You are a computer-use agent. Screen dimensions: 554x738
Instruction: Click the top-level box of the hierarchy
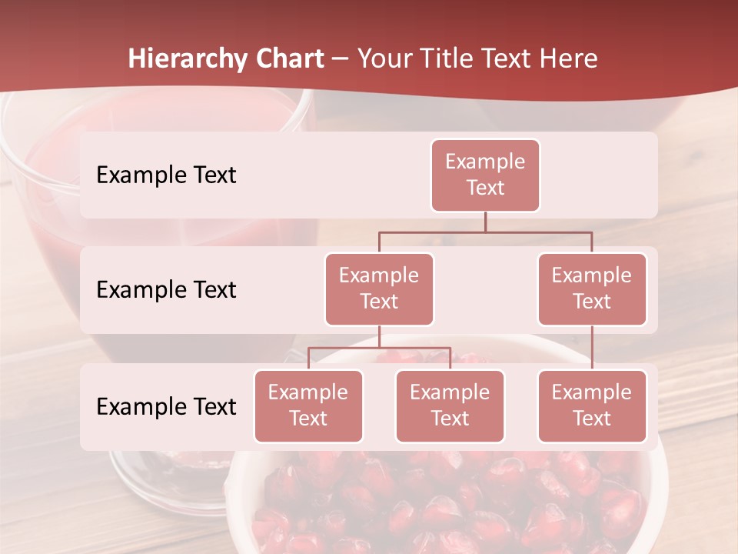[485, 175]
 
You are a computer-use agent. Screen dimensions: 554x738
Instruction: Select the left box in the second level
[379, 289]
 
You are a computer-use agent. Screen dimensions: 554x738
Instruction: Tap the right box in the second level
[592, 289]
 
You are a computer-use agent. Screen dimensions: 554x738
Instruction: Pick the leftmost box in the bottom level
[308, 405]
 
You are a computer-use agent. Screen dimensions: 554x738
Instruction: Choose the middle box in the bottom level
[450, 405]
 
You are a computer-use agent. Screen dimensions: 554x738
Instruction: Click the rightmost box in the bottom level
[592, 405]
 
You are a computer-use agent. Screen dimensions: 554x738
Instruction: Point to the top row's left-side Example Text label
[166, 175]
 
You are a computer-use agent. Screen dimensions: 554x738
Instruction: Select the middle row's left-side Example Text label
[166, 289]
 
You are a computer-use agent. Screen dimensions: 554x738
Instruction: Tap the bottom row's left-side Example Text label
[166, 406]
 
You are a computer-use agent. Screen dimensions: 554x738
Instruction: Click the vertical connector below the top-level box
[485, 222]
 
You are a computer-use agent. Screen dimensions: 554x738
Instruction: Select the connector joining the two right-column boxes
[592, 348]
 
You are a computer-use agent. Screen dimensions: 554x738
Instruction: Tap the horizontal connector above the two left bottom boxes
[379, 349]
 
